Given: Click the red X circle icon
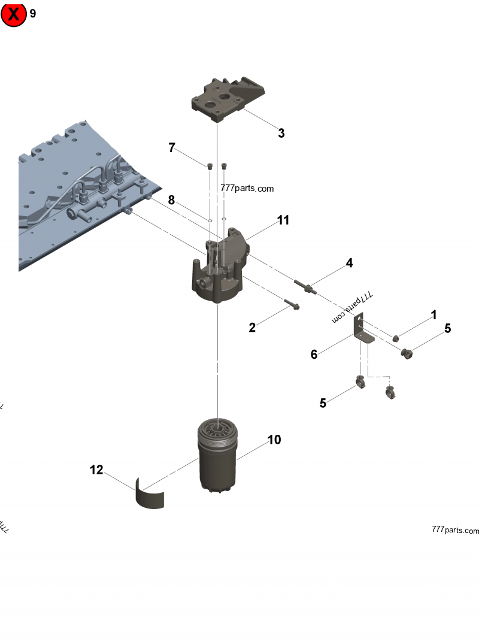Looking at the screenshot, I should pyautogui.click(x=13, y=14).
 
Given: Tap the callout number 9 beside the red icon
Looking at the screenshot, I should pyautogui.click(x=32, y=14).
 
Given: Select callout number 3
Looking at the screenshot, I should pyautogui.click(x=281, y=134).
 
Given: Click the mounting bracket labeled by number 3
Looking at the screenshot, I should pyautogui.click(x=228, y=99).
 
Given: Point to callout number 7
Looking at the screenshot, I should pyautogui.click(x=172, y=147).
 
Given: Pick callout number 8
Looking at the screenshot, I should pyautogui.click(x=171, y=200).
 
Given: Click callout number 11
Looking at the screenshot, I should pyautogui.click(x=283, y=220).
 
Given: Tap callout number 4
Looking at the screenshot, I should pyautogui.click(x=348, y=263).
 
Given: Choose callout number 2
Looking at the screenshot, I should pyautogui.click(x=252, y=328).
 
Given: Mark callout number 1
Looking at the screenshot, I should pyautogui.click(x=433, y=315).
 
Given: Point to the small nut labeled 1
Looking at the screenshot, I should pyautogui.click(x=395, y=339).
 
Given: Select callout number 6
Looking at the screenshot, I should pyautogui.click(x=314, y=355).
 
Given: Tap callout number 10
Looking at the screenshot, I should pyautogui.click(x=274, y=440).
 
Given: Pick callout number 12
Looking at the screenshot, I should pyautogui.click(x=96, y=470).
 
